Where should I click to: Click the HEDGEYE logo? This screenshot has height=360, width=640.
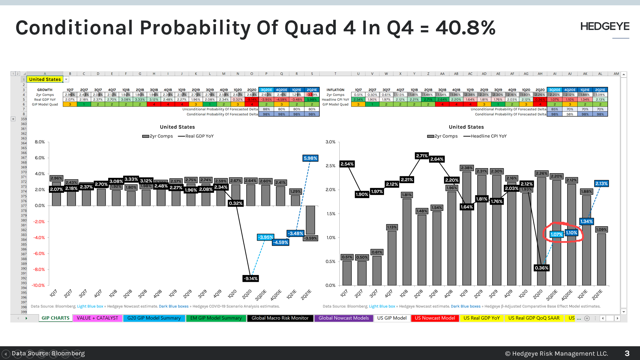tap(605, 27)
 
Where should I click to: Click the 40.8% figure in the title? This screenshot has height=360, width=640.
tap(465, 28)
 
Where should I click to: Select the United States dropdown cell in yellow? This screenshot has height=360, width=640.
tap(45, 79)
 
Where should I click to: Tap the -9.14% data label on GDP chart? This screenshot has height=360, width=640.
tap(251, 278)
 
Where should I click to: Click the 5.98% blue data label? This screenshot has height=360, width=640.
tap(310, 158)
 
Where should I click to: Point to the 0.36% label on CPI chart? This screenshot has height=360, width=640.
tap(542, 268)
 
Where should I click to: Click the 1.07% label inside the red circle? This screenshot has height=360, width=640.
tap(556, 234)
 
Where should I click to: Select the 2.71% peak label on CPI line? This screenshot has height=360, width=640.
tap(422, 156)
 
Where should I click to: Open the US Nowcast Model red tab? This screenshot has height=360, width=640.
tap(435, 318)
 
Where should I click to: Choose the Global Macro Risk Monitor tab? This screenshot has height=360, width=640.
tap(280, 318)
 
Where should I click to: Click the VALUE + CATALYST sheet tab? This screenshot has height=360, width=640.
tap(97, 318)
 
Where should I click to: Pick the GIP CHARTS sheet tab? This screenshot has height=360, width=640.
tap(56, 318)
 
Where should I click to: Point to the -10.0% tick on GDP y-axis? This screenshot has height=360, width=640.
tap(38, 285)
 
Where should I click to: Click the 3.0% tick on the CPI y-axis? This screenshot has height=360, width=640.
tap(330, 142)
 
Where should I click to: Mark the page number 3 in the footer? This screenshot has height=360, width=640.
tap(627, 353)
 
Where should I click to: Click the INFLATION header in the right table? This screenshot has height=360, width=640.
tap(335, 90)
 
